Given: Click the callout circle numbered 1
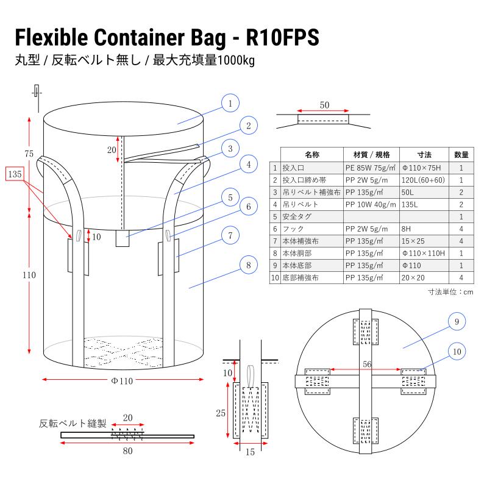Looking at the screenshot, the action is tap(230, 103).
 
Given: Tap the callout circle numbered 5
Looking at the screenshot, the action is tap(230, 198).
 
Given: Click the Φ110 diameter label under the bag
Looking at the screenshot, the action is tap(122, 381).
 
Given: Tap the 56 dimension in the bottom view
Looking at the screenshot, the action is tap(367, 363).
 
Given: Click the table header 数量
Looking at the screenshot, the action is tap(461, 154).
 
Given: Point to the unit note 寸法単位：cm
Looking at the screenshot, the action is tap(450, 292).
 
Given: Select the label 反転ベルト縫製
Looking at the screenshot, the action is tap(73, 422).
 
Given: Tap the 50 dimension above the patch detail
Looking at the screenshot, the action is tap(324, 105).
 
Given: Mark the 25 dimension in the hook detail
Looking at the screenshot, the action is tap(220, 413).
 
